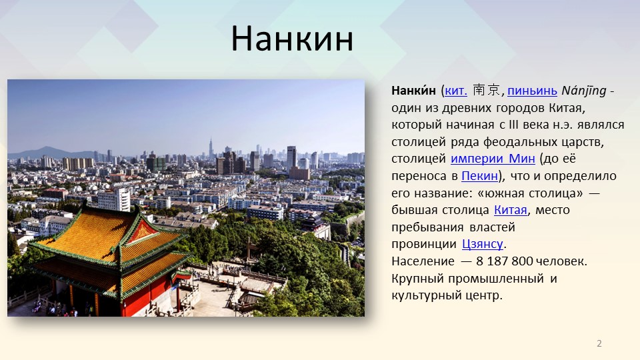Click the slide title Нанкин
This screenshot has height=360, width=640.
click(x=292, y=39)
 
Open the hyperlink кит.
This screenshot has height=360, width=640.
click(x=456, y=91)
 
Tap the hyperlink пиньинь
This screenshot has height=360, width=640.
click(x=532, y=91)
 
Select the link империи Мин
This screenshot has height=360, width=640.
click(x=493, y=159)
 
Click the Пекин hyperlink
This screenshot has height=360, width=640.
click(x=479, y=176)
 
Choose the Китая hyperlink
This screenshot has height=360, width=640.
click(x=511, y=210)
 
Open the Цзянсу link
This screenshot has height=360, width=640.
click(x=483, y=244)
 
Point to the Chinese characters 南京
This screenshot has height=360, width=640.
click(x=487, y=90)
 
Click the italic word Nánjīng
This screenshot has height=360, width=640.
click(x=584, y=91)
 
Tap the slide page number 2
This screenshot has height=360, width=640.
click(x=599, y=343)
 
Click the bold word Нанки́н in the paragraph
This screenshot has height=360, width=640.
click(x=413, y=90)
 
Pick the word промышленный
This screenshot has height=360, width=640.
click(x=496, y=279)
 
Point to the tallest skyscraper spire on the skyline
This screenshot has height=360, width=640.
click(x=211, y=148)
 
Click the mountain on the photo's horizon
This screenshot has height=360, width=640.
click(x=49, y=152)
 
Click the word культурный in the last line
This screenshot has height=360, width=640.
click(x=422, y=295)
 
